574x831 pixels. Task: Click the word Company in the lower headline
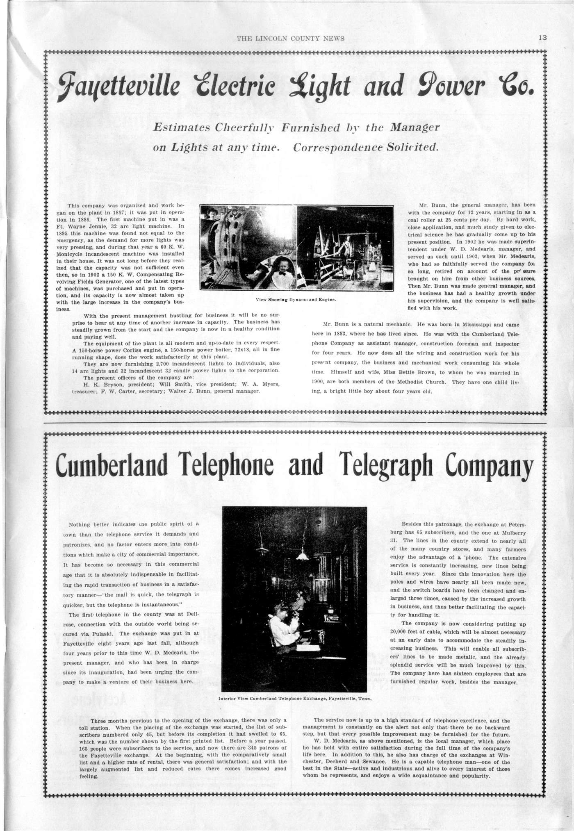click(x=490, y=464)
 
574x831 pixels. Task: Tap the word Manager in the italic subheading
click(x=415, y=127)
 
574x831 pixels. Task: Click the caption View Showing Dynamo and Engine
click(x=296, y=300)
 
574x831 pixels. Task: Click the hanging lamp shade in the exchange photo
click(x=303, y=554)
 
